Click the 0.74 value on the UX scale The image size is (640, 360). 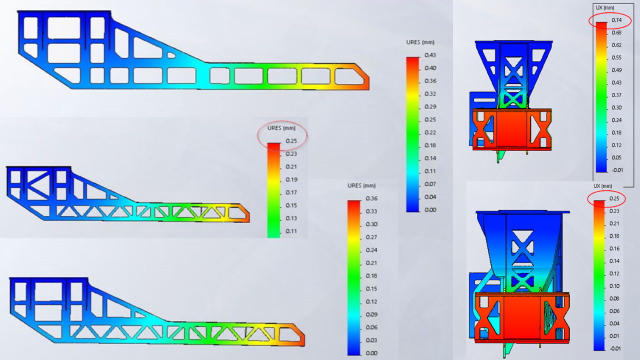click(616, 20)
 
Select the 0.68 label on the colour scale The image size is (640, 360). click(616, 32)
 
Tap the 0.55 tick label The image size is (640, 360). click(616, 57)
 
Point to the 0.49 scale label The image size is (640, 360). click(616, 70)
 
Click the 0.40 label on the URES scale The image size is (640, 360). click(430, 68)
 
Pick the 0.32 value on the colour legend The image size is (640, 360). click(430, 94)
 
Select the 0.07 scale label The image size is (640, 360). click(430, 184)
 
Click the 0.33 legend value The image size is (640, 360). click(371, 211)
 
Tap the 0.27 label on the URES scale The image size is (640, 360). click(371, 237)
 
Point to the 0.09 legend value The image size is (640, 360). click(371, 314)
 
